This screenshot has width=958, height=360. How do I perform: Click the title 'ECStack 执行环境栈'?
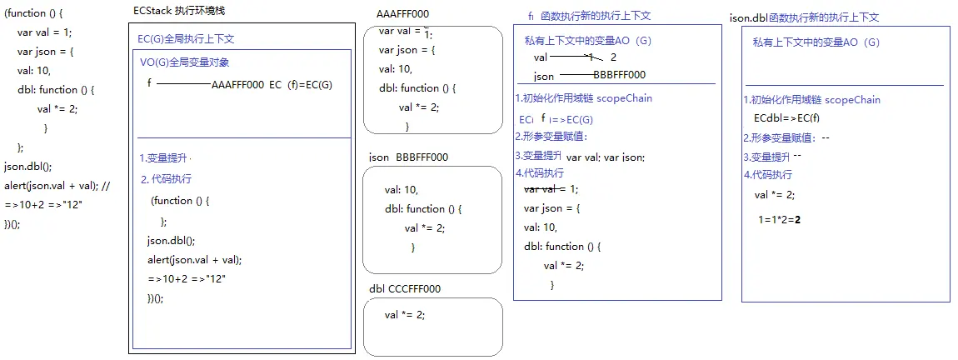(179, 11)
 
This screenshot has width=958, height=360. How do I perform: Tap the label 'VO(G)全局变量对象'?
(185, 62)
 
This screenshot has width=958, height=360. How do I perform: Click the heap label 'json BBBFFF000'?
(409, 157)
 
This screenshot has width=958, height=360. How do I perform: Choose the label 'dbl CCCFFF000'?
(405, 288)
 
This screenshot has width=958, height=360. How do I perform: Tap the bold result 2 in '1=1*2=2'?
(798, 220)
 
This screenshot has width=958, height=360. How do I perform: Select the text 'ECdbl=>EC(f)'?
(786, 117)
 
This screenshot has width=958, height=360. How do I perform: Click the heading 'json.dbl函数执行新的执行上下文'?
(804, 17)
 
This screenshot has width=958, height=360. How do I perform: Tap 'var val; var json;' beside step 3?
(606, 157)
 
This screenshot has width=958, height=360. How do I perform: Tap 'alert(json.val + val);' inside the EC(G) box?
(194, 259)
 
